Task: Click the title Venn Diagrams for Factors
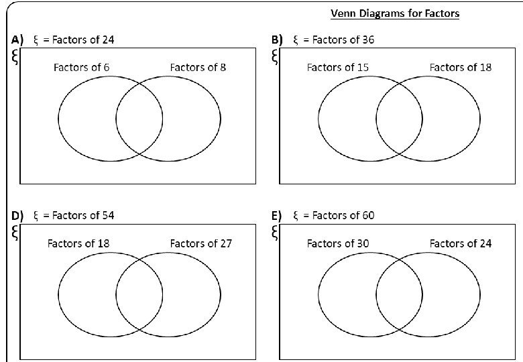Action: pyautogui.click(x=395, y=13)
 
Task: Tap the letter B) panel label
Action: pyautogui.click(x=277, y=40)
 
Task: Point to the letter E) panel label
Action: pyautogui.click(x=276, y=215)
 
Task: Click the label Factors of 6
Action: pyautogui.click(x=82, y=67)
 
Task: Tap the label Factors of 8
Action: pyautogui.click(x=198, y=67)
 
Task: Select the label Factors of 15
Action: pyautogui.click(x=337, y=67)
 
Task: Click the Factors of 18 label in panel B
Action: pyautogui.click(x=460, y=67)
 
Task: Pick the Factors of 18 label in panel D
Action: pyautogui.click(x=78, y=243)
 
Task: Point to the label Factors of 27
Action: pyautogui.click(x=200, y=243)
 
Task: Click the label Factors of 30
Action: pyautogui.click(x=337, y=243)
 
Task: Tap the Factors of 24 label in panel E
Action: pyautogui.click(x=460, y=243)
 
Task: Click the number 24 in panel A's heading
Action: pyautogui.click(x=107, y=40)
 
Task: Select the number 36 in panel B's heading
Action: pyautogui.click(x=367, y=40)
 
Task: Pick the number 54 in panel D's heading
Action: pyautogui.click(x=107, y=215)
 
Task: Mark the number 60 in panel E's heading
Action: pyautogui.click(x=367, y=215)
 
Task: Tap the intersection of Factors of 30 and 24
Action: pyautogui.click(x=399, y=295)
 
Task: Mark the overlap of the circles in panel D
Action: pyautogui.click(x=139, y=295)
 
